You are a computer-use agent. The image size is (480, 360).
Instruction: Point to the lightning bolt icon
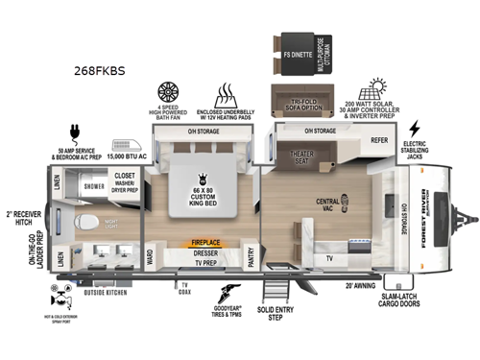(x=414, y=129)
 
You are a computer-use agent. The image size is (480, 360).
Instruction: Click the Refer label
(x=380, y=140)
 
